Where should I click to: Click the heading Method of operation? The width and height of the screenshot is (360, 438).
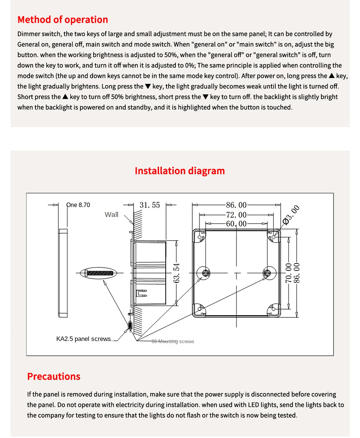(63, 20)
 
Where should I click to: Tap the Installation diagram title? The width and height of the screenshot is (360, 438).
(180, 171)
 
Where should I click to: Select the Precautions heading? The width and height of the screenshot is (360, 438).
(54, 377)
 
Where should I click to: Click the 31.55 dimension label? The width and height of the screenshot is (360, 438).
(150, 205)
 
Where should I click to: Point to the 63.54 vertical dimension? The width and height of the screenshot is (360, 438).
(176, 273)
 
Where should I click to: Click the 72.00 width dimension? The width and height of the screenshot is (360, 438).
(236, 215)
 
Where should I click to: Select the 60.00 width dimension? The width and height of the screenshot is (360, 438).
(236, 224)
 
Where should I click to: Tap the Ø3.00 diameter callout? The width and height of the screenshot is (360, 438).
(291, 215)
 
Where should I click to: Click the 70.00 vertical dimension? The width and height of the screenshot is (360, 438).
(288, 273)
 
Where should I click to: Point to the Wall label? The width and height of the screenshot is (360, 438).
(111, 215)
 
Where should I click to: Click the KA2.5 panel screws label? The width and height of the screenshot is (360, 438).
(83, 339)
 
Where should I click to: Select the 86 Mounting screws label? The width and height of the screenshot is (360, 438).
(173, 341)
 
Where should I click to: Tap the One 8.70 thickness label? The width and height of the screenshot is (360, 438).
(78, 205)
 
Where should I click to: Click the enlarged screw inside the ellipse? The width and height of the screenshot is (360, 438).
(99, 273)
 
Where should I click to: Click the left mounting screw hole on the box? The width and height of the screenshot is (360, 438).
(206, 273)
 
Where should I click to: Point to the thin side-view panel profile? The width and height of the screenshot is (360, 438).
(63, 273)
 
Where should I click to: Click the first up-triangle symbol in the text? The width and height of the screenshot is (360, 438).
(331, 76)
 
